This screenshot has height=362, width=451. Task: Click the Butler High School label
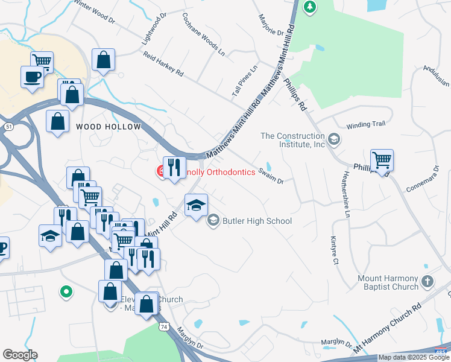257,221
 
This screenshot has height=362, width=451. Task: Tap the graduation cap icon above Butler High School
196,205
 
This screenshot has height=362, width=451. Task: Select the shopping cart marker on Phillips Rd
382,160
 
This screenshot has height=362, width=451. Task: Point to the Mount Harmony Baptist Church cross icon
427,281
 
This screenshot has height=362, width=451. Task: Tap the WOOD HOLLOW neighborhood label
108,127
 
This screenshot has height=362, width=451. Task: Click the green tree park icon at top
310,7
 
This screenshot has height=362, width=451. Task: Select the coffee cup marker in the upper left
31,77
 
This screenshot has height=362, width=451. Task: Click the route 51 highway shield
8,127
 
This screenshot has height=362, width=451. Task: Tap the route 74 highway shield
163,326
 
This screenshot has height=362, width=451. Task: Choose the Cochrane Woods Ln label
204,34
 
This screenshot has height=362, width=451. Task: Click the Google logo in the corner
20,354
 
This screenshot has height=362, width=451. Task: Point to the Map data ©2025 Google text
414,357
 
